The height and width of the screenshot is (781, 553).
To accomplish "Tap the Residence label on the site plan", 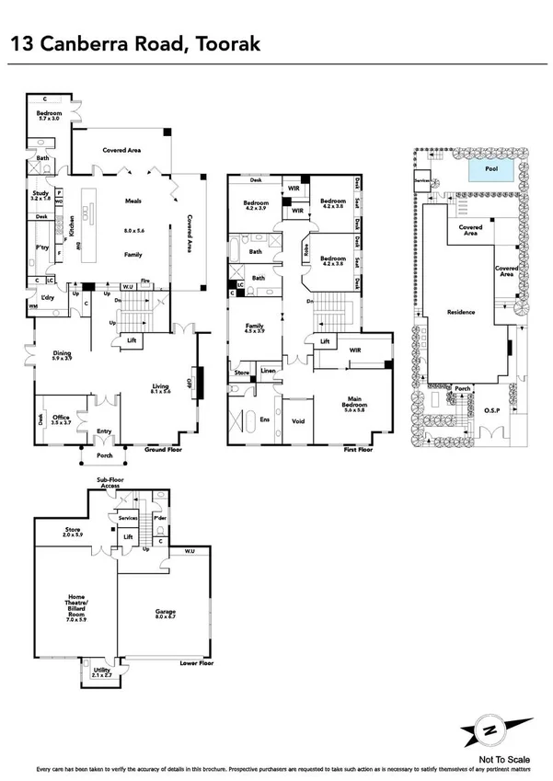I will (461, 312).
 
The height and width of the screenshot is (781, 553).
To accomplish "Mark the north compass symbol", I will (496, 729).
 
